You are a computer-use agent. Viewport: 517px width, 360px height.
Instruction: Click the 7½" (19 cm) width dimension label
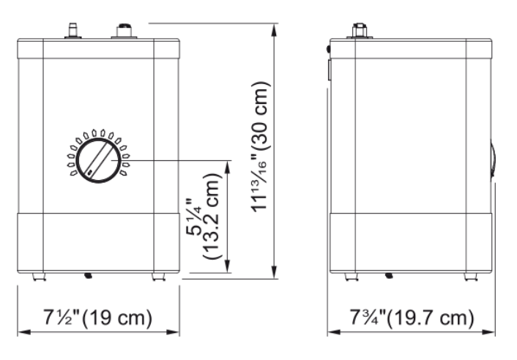(97, 318)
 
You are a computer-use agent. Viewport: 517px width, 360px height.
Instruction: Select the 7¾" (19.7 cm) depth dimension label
(412, 318)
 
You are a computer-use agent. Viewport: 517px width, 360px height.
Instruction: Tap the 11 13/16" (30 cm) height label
(261, 146)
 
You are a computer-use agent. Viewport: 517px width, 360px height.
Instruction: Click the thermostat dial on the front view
(98, 160)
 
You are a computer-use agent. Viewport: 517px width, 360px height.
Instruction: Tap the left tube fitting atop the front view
(72, 31)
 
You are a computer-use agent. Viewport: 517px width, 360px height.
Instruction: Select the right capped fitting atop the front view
(124, 31)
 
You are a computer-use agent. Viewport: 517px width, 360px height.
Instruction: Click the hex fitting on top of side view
(360, 31)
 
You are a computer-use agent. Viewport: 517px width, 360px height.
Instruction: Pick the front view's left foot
(39, 277)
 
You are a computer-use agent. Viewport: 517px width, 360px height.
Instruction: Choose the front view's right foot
(159, 277)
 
